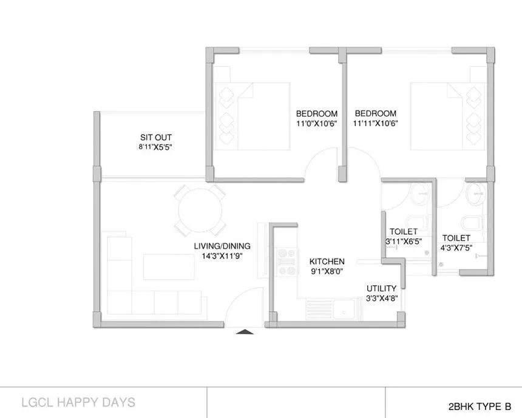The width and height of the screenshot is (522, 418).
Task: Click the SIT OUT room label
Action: coord(152,137)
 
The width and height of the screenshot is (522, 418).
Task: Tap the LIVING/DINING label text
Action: coord(222,246)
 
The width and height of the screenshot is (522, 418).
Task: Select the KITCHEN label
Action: coord(327,261)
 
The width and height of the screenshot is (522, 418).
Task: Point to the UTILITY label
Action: coord(382,288)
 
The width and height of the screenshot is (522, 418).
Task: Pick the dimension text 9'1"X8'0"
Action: coord(327,272)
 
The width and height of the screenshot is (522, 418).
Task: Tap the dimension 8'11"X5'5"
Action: coord(152,147)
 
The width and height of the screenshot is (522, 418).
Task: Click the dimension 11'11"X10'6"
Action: coord(376,123)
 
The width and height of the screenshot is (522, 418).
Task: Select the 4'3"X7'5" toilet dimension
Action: coord(456,248)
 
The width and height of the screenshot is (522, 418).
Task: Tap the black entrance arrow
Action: coord(244,331)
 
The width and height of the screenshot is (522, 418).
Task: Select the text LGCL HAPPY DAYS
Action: coord(78,402)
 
